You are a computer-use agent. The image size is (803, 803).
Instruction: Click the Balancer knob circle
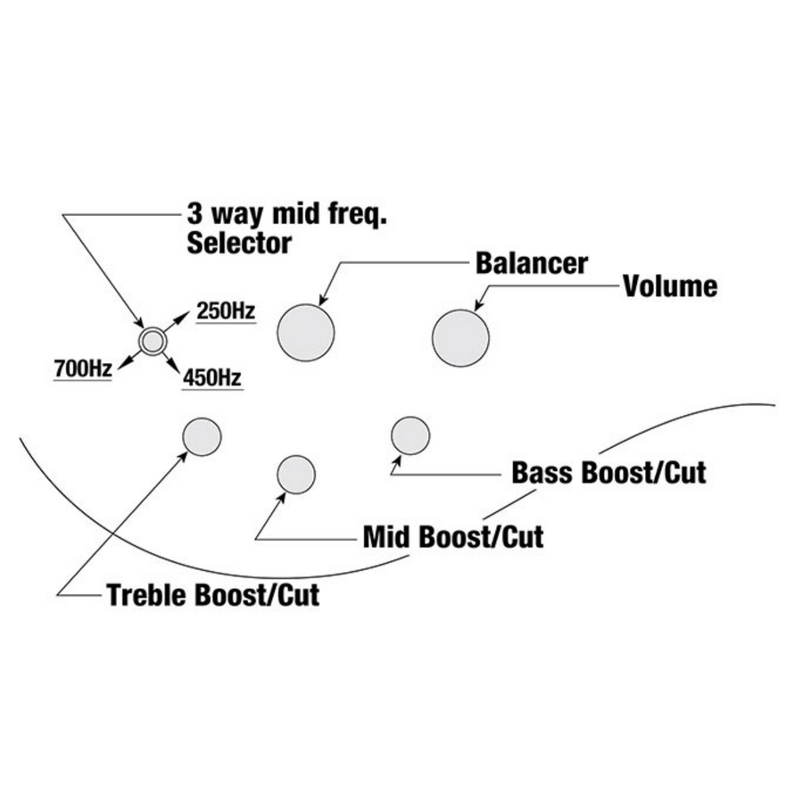(x=306, y=332)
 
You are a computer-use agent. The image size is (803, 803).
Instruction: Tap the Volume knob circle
(x=460, y=337)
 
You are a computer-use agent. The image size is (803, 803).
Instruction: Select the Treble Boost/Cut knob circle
(x=202, y=436)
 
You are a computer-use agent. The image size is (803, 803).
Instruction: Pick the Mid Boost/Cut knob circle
(x=295, y=474)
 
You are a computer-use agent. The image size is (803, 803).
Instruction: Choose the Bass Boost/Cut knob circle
(x=410, y=435)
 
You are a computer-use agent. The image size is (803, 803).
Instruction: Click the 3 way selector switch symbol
(x=152, y=339)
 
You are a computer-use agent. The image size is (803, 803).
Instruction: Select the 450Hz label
(x=212, y=378)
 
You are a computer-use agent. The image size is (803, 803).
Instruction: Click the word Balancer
(x=532, y=263)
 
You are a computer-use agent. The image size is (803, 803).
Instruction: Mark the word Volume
(x=670, y=286)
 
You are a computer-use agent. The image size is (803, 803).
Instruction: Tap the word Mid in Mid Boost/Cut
(x=386, y=538)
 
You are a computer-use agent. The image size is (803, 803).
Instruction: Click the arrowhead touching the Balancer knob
(x=322, y=300)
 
